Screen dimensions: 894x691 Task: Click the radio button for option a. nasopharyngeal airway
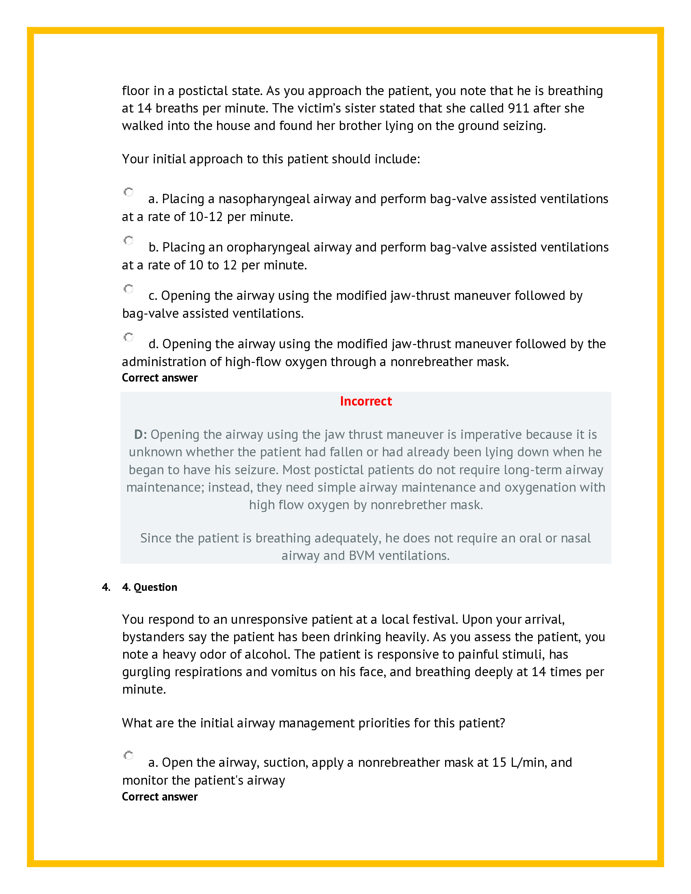point(128,192)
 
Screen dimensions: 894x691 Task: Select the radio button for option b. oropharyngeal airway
point(128,240)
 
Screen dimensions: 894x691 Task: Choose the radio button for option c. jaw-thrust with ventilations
point(128,289)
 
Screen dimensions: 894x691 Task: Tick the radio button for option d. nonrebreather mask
point(128,337)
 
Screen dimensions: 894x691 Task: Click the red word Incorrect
point(365,401)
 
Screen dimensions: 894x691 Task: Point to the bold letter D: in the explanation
point(140,434)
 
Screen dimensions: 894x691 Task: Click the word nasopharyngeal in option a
point(264,199)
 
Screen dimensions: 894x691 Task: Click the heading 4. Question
point(150,587)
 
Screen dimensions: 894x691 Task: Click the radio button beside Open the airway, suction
point(128,755)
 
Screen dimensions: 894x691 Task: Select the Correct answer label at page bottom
point(160,796)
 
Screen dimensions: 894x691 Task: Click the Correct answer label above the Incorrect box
point(160,378)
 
